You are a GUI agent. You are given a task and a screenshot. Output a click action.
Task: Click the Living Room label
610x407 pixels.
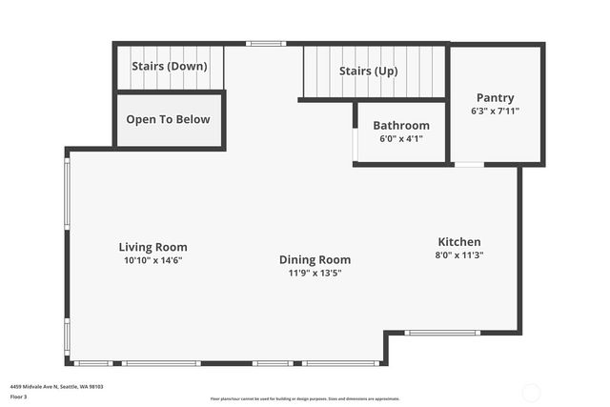click(x=152, y=247)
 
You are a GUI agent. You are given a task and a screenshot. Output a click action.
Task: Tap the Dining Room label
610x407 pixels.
click(x=315, y=259)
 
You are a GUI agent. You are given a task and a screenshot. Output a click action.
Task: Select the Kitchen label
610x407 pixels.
click(x=459, y=242)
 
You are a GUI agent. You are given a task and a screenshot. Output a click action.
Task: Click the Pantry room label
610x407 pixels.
click(x=495, y=97)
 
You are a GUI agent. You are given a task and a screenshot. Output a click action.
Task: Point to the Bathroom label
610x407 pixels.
click(x=401, y=125)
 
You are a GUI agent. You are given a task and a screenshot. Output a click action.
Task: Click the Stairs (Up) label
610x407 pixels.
click(x=369, y=71)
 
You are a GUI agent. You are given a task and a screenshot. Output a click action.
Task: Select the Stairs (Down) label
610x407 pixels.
click(x=168, y=67)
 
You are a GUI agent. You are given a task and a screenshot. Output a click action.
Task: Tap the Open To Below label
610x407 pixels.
click(x=168, y=119)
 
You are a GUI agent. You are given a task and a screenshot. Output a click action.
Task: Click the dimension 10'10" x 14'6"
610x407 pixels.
click(x=152, y=260)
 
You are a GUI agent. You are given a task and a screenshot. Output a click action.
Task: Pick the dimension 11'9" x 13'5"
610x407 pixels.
click(x=315, y=273)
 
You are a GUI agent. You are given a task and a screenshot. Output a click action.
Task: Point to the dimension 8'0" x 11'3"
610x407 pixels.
click(x=459, y=254)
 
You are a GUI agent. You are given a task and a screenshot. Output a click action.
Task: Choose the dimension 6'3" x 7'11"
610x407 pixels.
click(x=495, y=111)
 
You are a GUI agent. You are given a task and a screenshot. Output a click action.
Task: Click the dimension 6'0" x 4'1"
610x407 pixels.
click(x=401, y=138)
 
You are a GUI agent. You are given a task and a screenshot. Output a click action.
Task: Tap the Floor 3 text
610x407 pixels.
click(x=19, y=397)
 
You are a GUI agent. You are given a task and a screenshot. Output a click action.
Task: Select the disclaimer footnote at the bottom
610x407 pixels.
click(x=305, y=398)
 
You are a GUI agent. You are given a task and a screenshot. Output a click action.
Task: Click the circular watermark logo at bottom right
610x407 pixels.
click(x=531, y=391)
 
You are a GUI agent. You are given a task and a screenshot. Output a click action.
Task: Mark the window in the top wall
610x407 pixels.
click(x=265, y=43)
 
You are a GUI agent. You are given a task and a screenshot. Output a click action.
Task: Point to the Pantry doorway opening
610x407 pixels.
click(x=468, y=165)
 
